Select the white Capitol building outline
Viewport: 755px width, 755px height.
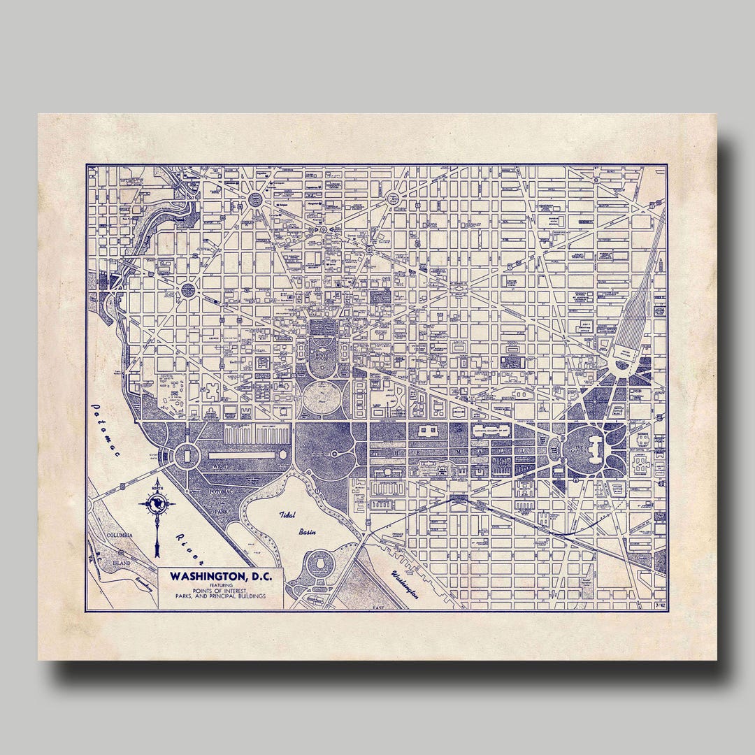[x=594, y=447]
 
